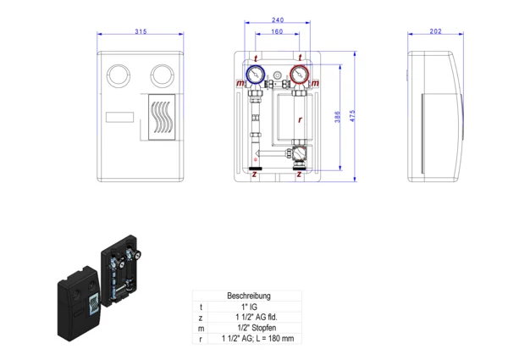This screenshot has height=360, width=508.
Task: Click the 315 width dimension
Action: (141, 31)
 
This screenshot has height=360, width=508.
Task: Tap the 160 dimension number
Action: (277, 31)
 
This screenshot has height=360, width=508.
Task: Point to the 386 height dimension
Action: (338, 118)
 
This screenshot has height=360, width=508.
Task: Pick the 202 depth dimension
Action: (436, 31)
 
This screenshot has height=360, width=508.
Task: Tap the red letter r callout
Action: (300, 120)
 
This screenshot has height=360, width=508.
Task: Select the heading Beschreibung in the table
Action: (249, 296)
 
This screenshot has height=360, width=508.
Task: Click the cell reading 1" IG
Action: (249, 307)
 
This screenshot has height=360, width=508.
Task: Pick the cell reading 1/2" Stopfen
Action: (249, 327)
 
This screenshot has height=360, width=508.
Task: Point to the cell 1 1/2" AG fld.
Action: (249, 317)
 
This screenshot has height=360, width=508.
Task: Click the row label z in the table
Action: (201, 317)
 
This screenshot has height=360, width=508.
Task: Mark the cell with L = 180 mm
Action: (249, 338)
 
